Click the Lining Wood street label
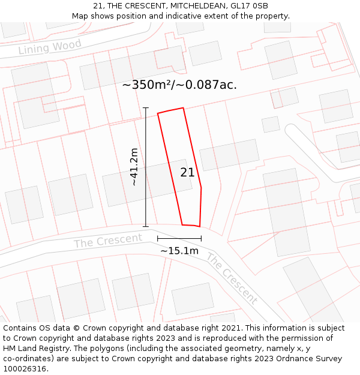[x=50, y=47]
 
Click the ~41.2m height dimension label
[x=134, y=166]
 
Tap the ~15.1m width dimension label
[x=179, y=250]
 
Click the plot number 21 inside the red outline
[x=187, y=172]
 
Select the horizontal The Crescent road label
[x=108, y=240]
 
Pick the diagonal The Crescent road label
[x=232, y=278]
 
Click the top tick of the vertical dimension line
[x=146, y=108]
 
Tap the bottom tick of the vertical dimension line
[x=146, y=226]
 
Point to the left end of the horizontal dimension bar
[x=158, y=239]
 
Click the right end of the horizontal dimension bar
[x=201, y=239]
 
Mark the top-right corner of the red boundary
[x=183, y=108]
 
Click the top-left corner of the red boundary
[x=158, y=113]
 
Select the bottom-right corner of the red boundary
[x=199, y=226]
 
